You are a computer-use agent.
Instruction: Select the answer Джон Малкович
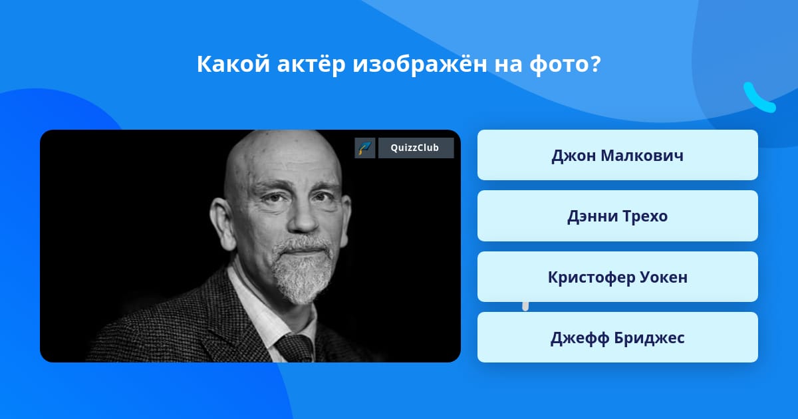617,155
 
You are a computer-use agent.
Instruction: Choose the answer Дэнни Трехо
617,216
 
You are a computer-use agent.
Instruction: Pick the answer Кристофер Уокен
617,277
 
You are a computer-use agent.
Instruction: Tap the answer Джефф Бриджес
617,338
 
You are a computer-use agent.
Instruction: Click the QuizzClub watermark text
416,148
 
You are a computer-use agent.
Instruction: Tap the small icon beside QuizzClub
365,148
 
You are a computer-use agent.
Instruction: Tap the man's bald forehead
279,156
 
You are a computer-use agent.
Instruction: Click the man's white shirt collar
256,313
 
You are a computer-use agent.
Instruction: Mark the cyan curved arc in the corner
758,98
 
